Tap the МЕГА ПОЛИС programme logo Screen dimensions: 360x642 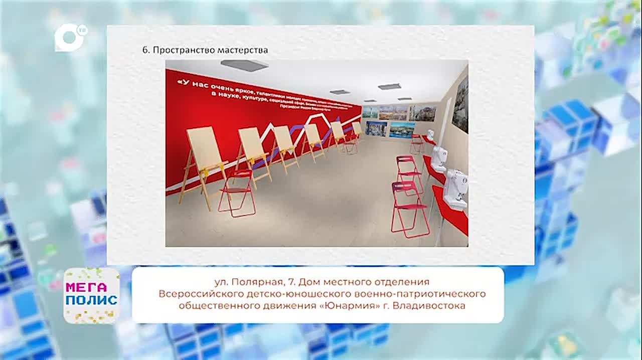click(x=91, y=295)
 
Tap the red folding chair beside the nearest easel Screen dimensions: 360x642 click(x=236, y=193)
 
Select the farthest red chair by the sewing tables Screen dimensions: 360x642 click(x=416, y=143)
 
